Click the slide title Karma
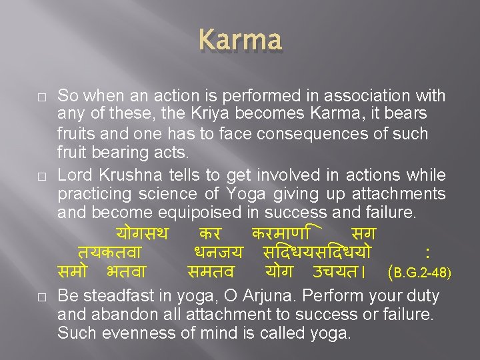click(240, 39)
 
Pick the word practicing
click(96, 194)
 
